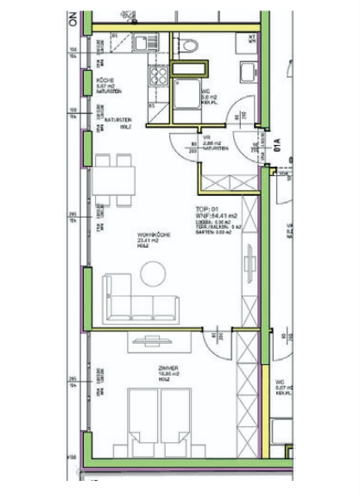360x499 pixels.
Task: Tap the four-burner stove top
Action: pos(160,75)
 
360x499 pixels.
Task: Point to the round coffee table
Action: pos(154,273)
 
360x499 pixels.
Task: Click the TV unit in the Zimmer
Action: pos(153,344)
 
